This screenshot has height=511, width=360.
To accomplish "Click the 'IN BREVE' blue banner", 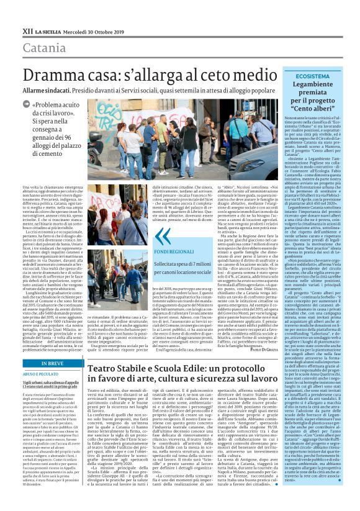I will point(53,363).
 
